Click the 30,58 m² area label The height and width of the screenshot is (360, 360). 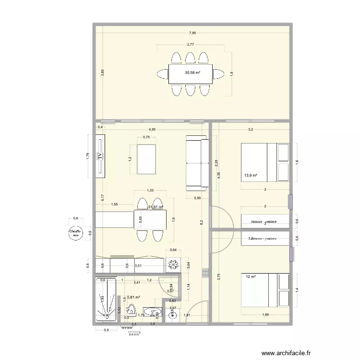pos(192,73)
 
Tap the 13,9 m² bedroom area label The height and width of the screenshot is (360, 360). pos(251,176)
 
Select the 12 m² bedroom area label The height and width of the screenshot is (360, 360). pos(251,277)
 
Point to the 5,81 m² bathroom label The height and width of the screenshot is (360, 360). pos(133,298)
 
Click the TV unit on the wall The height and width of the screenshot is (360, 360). pos(100,156)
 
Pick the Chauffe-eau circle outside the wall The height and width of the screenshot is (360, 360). pos(74,233)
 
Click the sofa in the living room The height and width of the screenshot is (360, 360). pos(197,162)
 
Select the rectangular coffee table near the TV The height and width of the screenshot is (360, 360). pos(147,159)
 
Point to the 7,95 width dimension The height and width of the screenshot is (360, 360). pos(192,33)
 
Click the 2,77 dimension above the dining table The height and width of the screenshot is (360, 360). pos(191,44)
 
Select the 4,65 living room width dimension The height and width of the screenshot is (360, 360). pos(152,129)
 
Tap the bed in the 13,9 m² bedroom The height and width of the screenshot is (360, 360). pos(265,162)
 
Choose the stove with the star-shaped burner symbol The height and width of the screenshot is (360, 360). pos(173,264)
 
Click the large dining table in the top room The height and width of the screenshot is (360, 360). pos(191,73)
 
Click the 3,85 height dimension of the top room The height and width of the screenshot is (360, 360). pos(102,73)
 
